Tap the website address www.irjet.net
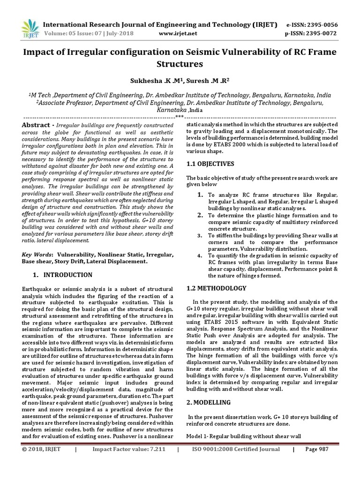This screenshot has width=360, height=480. point(178,34)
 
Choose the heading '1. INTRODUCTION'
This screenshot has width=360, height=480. point(62,275)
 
